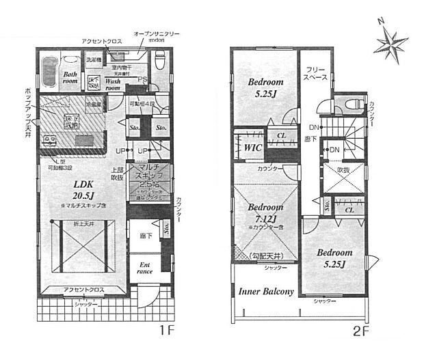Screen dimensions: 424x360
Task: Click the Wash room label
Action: [113, 85]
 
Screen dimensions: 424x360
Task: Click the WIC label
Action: [248, 147]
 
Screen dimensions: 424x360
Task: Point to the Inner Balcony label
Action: [266, 292]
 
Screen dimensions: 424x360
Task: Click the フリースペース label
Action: [315, 74]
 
